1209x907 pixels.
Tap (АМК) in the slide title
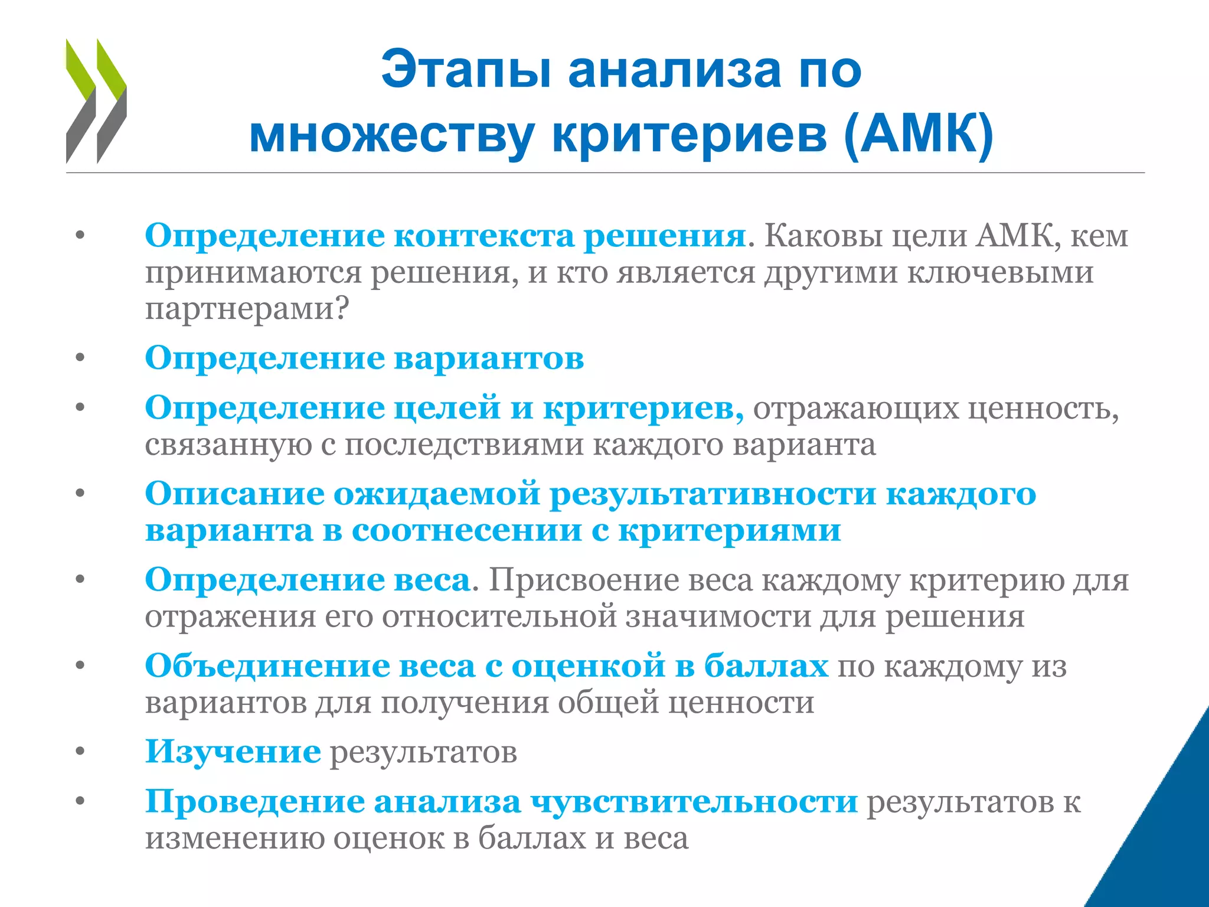(919, 135)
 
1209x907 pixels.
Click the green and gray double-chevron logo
(96, 101)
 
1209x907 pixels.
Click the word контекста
(483, 236)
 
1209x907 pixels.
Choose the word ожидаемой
(437, 494)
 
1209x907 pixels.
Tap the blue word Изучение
(233, 752)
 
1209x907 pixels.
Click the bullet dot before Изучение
(80, 752)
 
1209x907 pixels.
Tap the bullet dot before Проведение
(80, 801)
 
